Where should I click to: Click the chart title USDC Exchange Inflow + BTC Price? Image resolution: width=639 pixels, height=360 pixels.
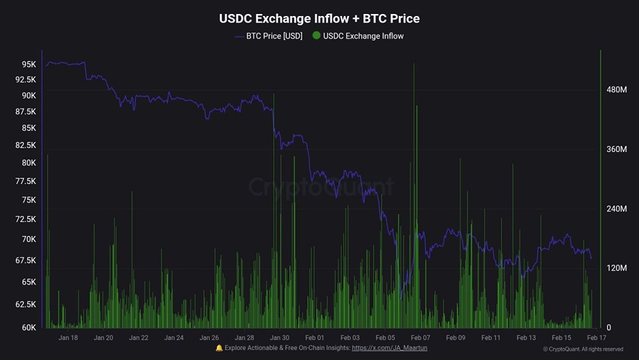[x=319, y=19]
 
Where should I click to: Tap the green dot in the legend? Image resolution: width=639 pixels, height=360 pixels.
[x=316, y=36]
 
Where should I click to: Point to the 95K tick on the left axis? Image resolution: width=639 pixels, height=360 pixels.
[x=29, y=65]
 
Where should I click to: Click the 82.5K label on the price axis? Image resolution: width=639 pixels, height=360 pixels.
[x=25, y=145]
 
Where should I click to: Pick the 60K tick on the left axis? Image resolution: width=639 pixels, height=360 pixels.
[x=29, y=327]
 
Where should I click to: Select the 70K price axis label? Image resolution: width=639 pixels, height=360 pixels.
[x=29, y=239]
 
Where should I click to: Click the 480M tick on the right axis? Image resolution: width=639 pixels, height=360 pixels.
[x=617, y=90]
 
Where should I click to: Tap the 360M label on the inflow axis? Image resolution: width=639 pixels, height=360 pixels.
[x=617, y=150]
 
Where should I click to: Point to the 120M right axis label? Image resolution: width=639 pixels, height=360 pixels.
[x=617, y=268]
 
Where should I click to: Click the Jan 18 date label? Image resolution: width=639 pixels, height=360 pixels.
[x=68, y=338]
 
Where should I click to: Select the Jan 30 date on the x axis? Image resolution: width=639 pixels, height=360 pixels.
[x=280, y=338]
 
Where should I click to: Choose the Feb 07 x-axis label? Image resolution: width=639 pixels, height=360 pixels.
[x=420, y=338]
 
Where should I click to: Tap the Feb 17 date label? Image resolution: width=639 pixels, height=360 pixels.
[x=596, y=338]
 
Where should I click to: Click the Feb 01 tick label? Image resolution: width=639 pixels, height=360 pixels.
[x=315, y=338]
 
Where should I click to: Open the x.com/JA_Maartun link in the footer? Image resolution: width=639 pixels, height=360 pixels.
[x=389, y=348]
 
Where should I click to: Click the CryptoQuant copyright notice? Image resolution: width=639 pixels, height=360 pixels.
[x=583, y=349]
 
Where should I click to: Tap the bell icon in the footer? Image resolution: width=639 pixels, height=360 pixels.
[x=219, y=348]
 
